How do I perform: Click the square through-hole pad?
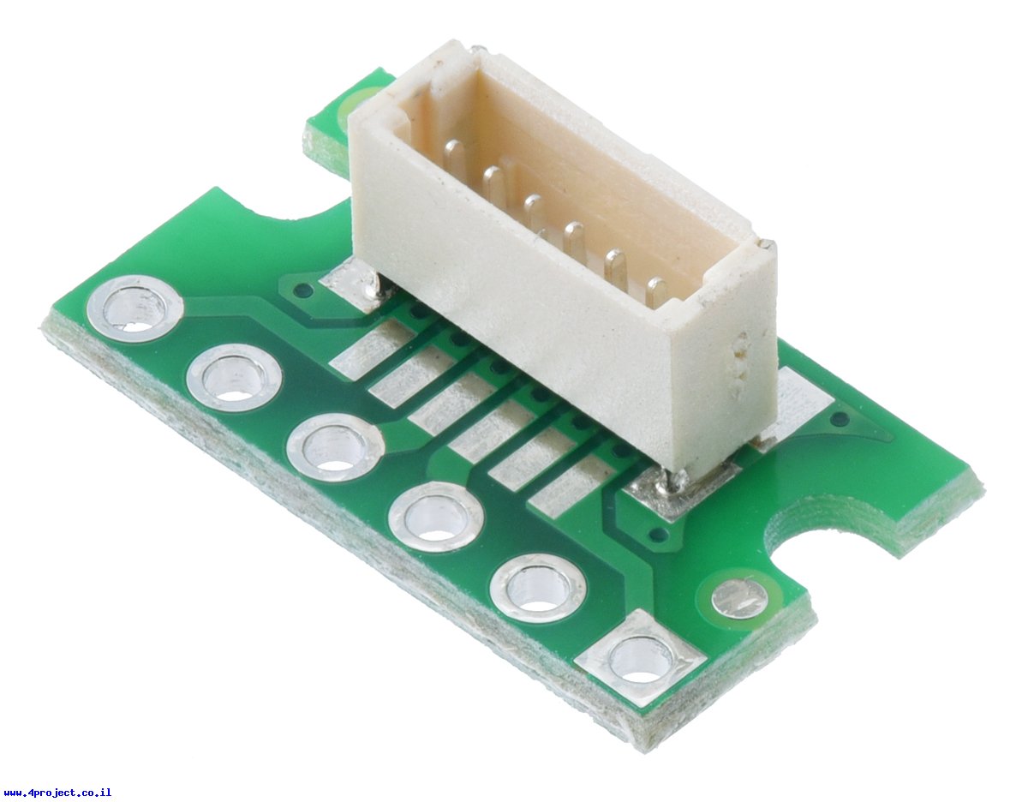(x=641, y=659)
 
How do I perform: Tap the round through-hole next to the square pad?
(x=538, y=589)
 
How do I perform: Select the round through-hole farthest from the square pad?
(x=135, y=308)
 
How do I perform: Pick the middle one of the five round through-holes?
(x=336, y=447)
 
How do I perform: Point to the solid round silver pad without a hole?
(x=740, y=598)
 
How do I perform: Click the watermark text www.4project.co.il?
(x=57, y=793)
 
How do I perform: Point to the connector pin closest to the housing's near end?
(x=656, y=291)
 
